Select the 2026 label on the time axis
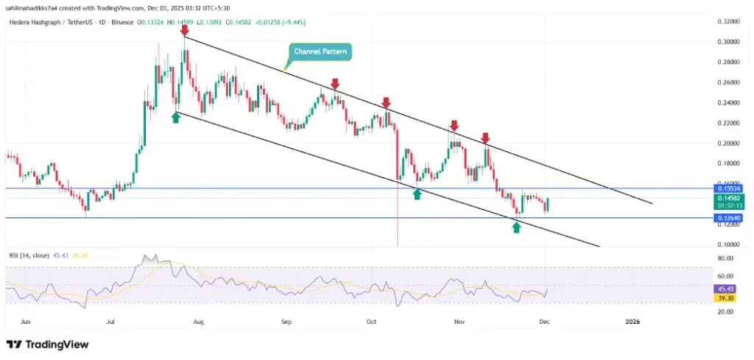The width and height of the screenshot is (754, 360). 632,322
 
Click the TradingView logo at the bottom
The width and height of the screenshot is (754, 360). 47,344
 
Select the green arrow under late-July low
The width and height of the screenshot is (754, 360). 176,117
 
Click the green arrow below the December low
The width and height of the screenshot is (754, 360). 516,227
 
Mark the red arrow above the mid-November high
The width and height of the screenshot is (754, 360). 485,138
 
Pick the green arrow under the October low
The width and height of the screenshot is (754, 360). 417,194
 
